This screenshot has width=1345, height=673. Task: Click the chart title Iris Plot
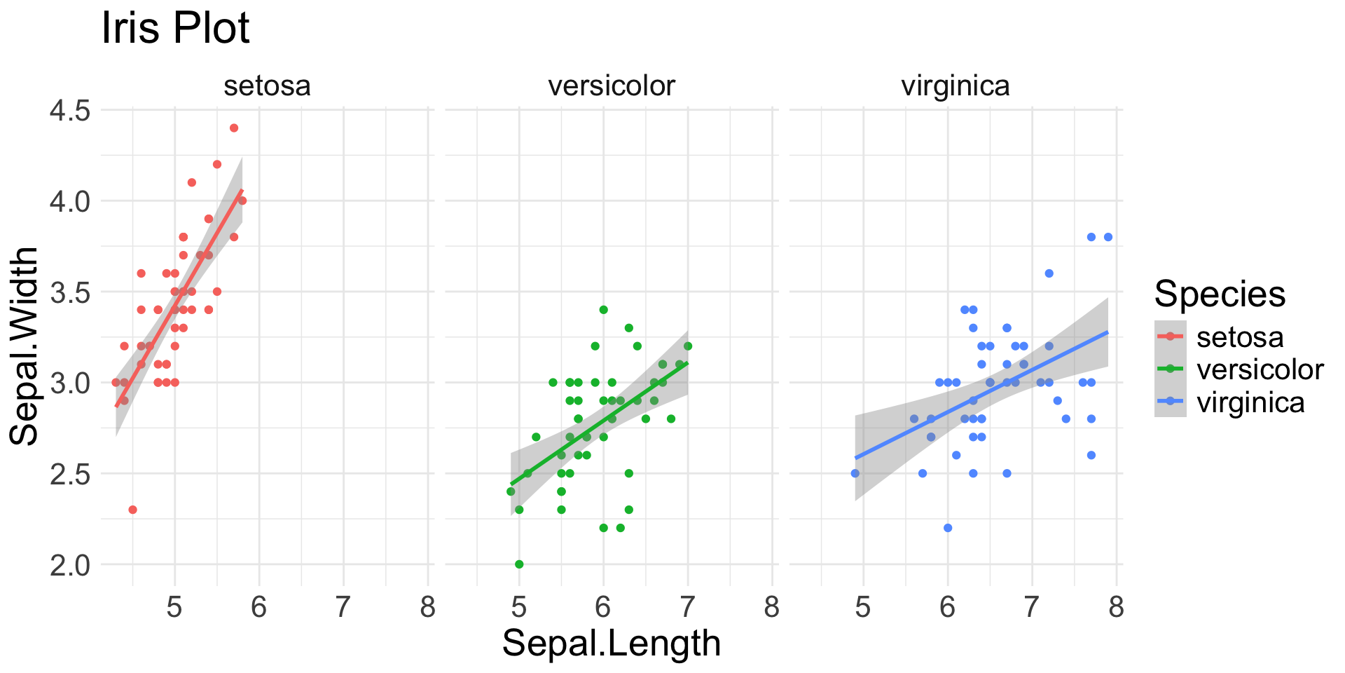(x=175, y=28)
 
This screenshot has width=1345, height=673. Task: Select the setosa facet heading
(x=267, y=86)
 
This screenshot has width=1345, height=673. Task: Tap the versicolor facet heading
(x=612, y=86)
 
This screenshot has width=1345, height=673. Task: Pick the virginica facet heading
(x=956, y=86)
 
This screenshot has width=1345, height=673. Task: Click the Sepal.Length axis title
(x=612, y=644)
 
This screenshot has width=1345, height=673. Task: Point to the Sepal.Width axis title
(x=25, y=346)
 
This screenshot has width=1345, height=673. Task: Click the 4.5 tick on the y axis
(x=71, y=111)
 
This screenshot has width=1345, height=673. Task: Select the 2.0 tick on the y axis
(x=71, y=565)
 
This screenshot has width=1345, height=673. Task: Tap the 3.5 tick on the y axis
(x=71, y=292)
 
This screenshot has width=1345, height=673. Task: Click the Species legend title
(x=1220, y=293)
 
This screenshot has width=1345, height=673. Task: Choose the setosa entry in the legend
(x=1240, y=337)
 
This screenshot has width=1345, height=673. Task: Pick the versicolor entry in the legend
(x=1260, y=369)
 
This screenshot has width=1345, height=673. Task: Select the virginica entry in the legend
(x=1250, y=402)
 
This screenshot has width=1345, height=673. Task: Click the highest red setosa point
(x=234, y=128)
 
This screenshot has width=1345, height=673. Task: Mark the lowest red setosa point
(x=132, y=510)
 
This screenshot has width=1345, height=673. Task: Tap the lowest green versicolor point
(x=519, y=564)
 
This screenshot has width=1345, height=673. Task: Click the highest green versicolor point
(x=603, y=310)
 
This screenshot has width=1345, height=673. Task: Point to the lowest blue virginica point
(x=948, y=528)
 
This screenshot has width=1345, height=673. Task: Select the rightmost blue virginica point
(x=1108, y=237)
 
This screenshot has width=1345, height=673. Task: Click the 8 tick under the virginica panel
(x=1117, y=607)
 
